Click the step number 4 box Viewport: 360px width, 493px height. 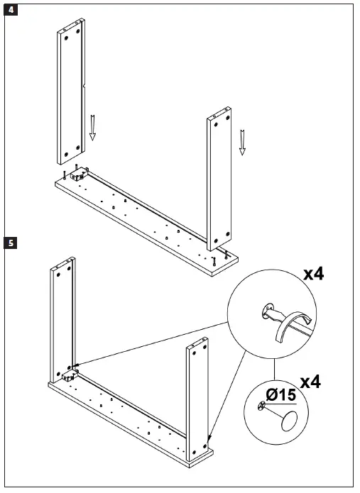click(x=10, y=10)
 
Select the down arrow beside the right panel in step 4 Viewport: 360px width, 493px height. click(x=242, y=141)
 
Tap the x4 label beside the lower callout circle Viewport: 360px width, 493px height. click(x=310, y=382)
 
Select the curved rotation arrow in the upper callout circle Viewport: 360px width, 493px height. click(x=287, y=328)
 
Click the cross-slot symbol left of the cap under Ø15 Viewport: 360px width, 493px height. click(x=262, y=406)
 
